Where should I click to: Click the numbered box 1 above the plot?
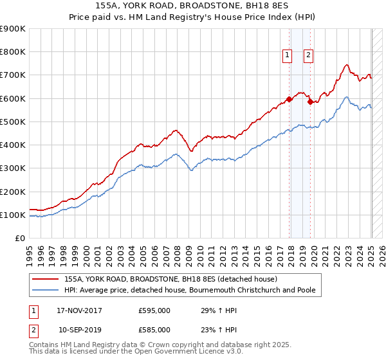tap(286, 56)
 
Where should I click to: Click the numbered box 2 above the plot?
tap(309, 56)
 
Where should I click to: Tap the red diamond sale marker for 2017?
tap(289, 99)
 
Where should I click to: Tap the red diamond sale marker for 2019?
tap(310, 102)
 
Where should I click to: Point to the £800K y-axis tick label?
tap(13, 52)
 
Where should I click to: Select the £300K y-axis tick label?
tap(13, 168)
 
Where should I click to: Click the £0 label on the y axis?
tap(19, 239)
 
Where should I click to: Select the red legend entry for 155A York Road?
tap(170, 280)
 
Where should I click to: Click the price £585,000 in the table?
tap(154, 329)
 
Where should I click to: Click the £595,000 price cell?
tap(154, 310)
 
